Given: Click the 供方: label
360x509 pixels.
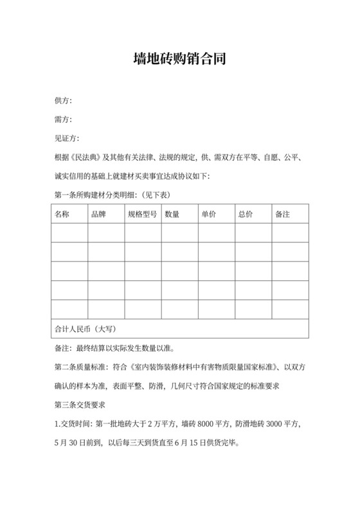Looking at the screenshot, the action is (x=63, y=101).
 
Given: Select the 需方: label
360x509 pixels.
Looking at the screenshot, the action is (x=63, y=120).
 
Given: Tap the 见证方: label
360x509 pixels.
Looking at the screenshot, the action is (x=67, y=138).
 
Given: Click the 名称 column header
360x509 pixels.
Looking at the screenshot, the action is (x=62, y=213).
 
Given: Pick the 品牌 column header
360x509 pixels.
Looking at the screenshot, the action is (x=99, y=213).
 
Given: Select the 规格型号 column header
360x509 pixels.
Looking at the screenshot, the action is (x=142, y=213).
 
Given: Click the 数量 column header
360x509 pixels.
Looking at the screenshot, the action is (x=172, y=213).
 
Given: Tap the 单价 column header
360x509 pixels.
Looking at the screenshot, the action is (x=209, y=213).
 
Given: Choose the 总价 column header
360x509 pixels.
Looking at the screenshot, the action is (x=246, y=213).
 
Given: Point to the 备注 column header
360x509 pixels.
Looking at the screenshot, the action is (x=282, y=213).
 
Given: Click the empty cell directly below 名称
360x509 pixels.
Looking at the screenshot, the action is (x=69, y=233).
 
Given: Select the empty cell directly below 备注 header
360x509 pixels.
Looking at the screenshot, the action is (x=289, y=233).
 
